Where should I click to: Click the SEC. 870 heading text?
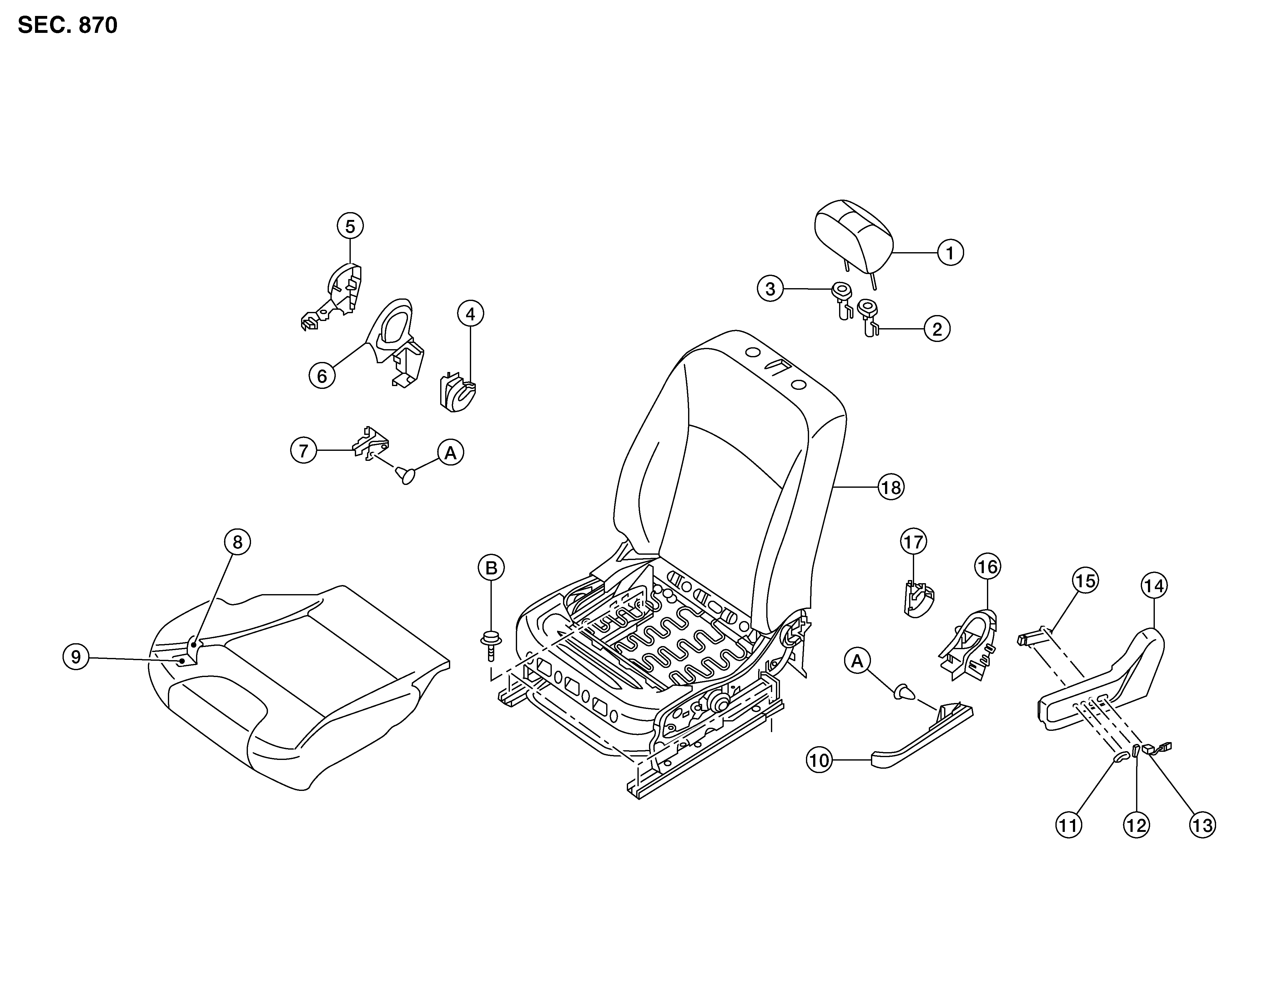tap(68, 25)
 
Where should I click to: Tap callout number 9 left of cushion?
tap(76, 657)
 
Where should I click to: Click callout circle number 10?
tap(819, 760)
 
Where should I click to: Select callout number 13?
tap(1202, 825)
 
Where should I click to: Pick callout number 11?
tap(1068, 825)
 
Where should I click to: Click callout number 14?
tap(1154, 586)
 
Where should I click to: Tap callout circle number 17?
tap(913, 542)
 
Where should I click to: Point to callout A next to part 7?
tap(450, 452)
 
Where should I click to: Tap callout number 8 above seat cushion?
tap(237, 542)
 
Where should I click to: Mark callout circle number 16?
tap(987, 566)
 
